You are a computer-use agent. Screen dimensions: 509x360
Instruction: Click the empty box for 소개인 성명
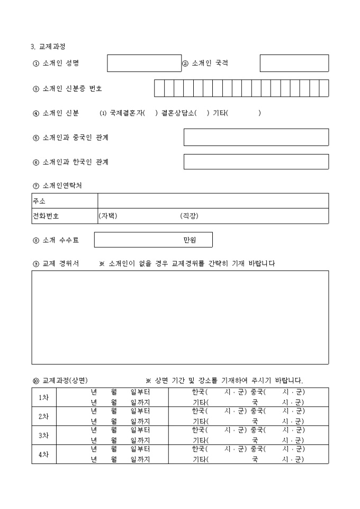click(x=144, y=63)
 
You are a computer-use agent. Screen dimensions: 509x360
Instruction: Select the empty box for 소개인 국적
click(x=294, y=63)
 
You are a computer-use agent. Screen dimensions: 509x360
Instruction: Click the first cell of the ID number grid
click(x=159, y=88)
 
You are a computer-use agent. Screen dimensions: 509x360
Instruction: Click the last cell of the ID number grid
click(x=323, y=88)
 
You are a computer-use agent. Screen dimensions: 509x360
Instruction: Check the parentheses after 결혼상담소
click(x=202, y=113)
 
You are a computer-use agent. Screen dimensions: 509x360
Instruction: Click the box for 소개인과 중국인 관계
click(x=256, y=137)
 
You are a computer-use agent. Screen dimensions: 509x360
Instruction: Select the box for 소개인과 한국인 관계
click(x=256, y=162)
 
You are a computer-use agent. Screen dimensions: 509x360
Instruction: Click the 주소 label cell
click(x=65, y=201)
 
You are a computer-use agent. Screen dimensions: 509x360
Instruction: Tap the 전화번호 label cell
click(x=65, y=216)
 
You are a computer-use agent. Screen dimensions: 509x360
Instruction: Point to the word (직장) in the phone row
click(x=189, y=216)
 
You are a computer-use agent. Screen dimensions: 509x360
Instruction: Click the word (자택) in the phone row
click(x=108, y=216)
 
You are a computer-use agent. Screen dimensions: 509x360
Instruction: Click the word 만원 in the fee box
click(x=190, y=240)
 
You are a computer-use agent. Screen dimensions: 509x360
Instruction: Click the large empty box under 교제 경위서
click(x=180, y=317)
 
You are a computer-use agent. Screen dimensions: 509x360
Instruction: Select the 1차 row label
click(x=44, y=397)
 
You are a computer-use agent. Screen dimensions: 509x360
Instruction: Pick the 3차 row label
click(x=44, y=435)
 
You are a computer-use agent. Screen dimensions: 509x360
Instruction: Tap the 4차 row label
click(x=44, y=455)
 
